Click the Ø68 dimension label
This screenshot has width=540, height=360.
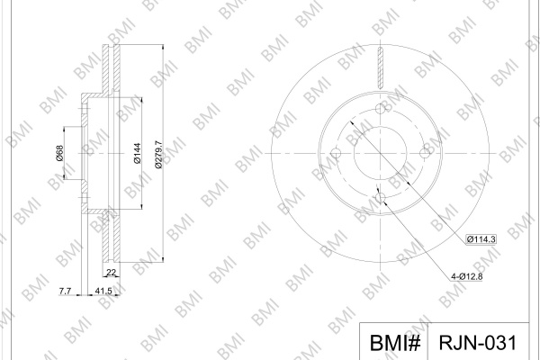pos(59,153)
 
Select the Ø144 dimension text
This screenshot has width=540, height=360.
pos(137,153)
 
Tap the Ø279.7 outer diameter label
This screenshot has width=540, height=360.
pos(158,154)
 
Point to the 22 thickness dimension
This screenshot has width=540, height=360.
pos(111,273)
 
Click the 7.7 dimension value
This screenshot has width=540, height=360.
pos(65,291)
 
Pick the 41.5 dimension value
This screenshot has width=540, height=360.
pos(103,291)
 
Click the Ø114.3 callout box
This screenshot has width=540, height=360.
pos(481,239)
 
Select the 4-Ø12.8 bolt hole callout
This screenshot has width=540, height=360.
pos(466,276)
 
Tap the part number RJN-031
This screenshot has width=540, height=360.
pos(478,343)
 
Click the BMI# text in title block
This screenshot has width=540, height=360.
pos(395,343)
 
